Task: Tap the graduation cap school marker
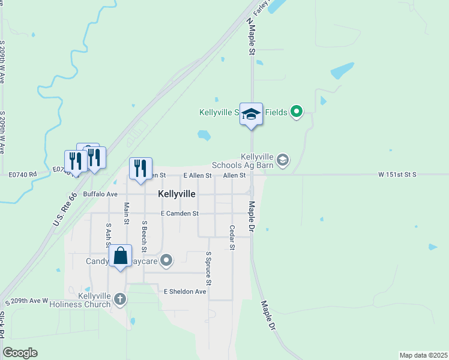(x=252, y=114)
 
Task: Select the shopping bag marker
(x=121, y=256)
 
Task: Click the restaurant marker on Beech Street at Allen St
(x=140, y=168)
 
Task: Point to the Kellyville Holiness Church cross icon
(x=120, y=299)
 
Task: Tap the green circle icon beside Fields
(x=296, y=112)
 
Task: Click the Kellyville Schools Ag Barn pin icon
(x=283, y=160)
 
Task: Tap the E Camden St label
(x=179, y=214)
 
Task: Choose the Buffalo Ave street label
(x=100, y=194)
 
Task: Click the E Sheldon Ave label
(x=185, y=292)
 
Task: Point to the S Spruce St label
(x=209, y=269)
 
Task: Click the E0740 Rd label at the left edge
(x=23, y=175)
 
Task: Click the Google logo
(x=20, y=353)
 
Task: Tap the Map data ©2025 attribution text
(x=423, y=355)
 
